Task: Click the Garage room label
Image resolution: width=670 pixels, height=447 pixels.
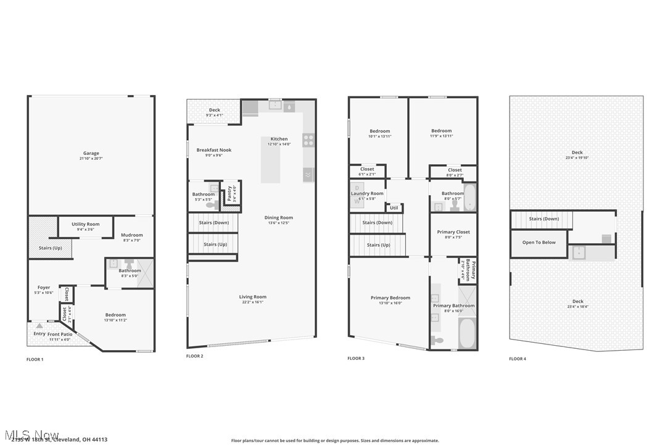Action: [91, 153]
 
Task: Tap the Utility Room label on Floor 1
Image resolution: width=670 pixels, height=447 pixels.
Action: [85, 224]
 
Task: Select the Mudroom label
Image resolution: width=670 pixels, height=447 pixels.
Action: [131, 235]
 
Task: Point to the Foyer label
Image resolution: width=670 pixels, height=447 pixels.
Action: [44, 287]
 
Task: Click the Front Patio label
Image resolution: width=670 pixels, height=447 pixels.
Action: [60, 334]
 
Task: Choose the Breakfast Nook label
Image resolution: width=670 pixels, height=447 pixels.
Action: [214, 150]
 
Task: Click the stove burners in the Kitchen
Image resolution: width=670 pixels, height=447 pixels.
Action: [308, 140]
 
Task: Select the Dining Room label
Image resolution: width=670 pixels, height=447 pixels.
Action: [279, 217]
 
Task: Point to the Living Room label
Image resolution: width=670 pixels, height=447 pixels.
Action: [253, 296]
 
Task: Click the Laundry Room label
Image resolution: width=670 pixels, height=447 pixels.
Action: [367, 193]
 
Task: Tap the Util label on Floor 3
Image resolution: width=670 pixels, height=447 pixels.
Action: [394, 207]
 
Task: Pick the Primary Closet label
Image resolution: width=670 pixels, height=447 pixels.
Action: [453, 232]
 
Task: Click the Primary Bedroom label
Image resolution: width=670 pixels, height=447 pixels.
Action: [391, 298]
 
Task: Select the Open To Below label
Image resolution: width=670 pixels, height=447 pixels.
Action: [539, 243]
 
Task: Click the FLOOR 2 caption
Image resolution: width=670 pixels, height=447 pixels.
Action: [195, 356]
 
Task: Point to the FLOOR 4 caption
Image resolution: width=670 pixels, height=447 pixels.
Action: [518, 358]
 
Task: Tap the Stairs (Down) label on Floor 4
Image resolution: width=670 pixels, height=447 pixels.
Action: [544, 219]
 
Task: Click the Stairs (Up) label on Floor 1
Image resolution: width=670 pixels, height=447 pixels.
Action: [50, 248]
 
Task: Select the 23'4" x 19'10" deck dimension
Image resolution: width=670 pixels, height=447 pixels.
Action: [577, 157]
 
